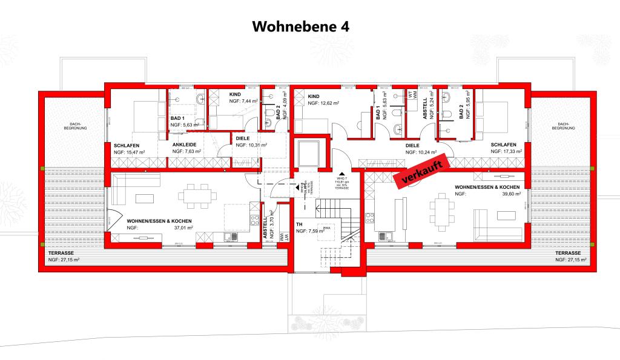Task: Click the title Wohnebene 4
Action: click(x=300, y=27)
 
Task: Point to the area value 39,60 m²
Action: click(x=510, y=195)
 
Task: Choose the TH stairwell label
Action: click(x=299, y=224)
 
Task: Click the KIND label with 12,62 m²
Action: click(x=314, y=96)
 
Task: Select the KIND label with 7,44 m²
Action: click(x=236, y=95)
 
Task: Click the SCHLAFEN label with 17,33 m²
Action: click(x=504, y=145)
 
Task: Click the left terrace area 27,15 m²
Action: click(x=64, y=259)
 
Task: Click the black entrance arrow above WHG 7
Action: click(x=341, y=172)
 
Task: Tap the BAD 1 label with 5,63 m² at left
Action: click(x=177, y=118)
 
